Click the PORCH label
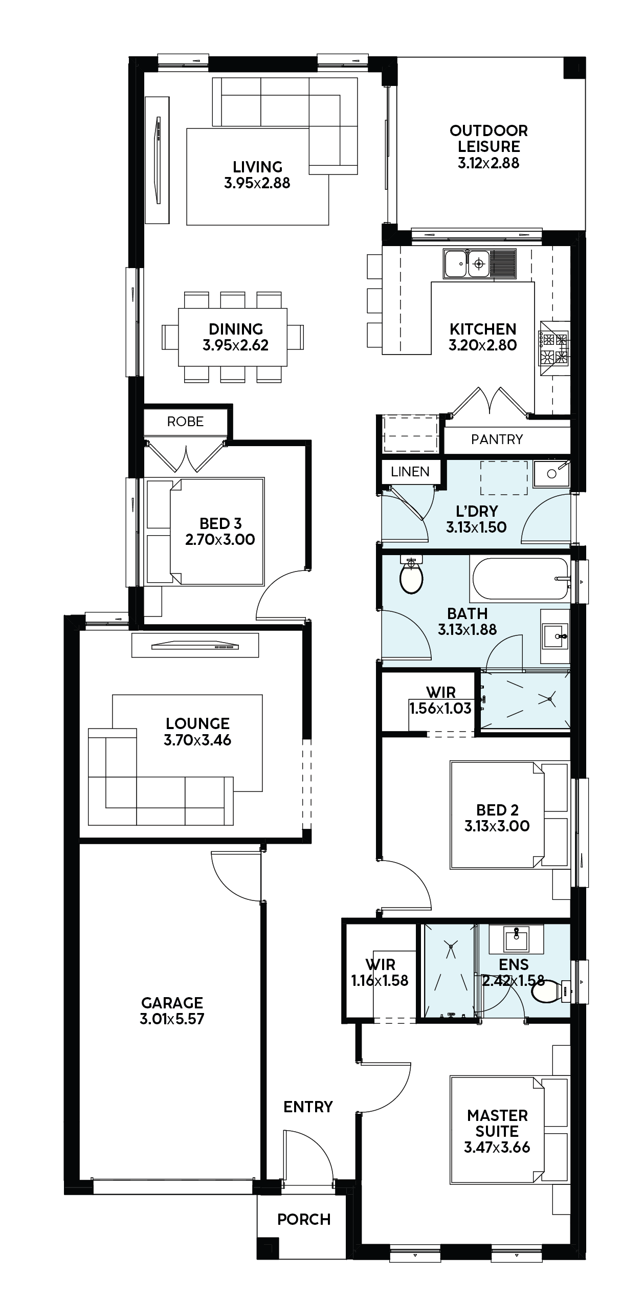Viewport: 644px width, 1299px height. tap(304, 1219)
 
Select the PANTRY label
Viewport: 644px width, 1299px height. tap(497, 439)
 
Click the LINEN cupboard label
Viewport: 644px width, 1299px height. tap(410, 471)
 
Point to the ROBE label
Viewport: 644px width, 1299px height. tap(185, 421)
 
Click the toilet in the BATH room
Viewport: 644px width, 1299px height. tap(411, 575)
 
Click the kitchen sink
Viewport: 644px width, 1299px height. tap(480, 264)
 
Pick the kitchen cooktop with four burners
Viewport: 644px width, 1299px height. tap(554, 348)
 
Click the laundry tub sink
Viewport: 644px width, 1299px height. tap(551, 473)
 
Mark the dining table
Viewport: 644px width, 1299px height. tap(233, 337)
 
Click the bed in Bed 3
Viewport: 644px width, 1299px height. tap(205, 532)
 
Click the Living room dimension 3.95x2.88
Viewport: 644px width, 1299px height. tap(257, 183)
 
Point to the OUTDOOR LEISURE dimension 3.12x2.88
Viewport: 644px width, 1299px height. tap(488, 163)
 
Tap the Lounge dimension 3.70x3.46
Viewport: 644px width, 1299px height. tap(197, 740)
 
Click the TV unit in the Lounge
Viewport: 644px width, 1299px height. tap(195, 645)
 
